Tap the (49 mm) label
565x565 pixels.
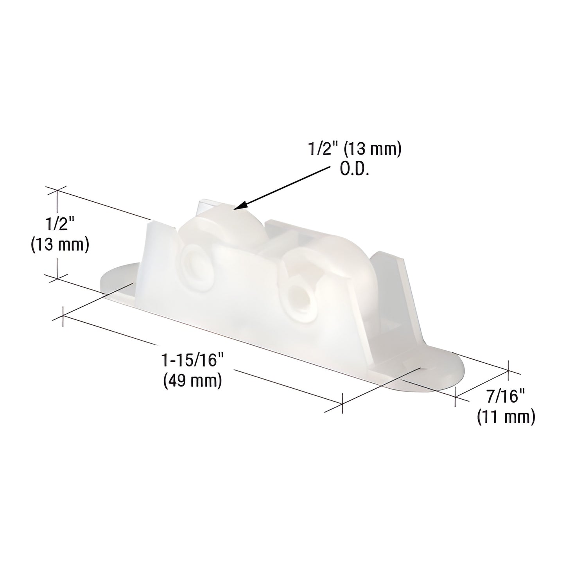coord(192,380)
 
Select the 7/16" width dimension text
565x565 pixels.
coord(505,398)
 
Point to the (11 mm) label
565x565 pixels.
coord(506,417)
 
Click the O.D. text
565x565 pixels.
coord(354,170)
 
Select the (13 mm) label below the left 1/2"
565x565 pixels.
coord(60,245)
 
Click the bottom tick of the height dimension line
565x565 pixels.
coord(57,278)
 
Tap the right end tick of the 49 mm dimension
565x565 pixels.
coord(342,403)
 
